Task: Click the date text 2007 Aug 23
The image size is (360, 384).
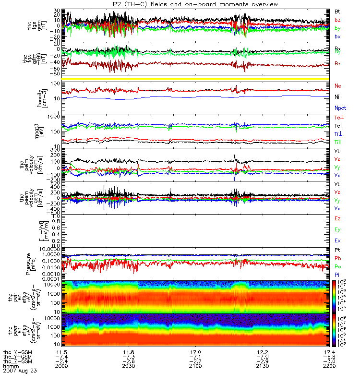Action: click(x=19, y=371)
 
